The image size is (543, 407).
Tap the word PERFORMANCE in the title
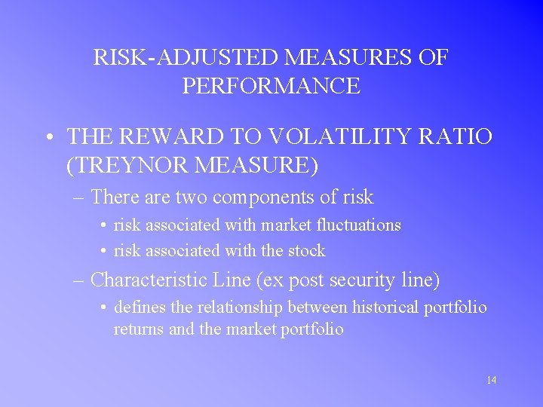(x=271, y=86)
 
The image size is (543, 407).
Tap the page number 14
(x=491, y=380)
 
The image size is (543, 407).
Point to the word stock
(x=307, y=250)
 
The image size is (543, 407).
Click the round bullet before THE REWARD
(x=49, y=138)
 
